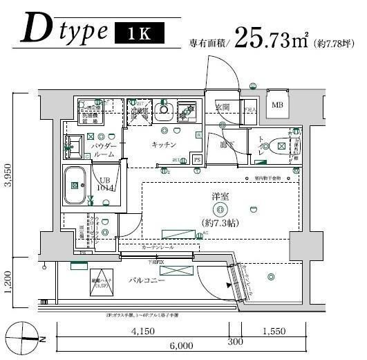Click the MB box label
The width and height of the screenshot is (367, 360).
pos(277,105)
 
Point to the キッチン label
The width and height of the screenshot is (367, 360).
pos(165,145)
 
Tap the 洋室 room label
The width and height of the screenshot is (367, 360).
pos(220,197)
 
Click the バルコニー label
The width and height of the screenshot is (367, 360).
pos(146,281)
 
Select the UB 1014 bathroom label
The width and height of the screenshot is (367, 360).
pos(104,183)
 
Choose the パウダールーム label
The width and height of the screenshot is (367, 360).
pos(104,152)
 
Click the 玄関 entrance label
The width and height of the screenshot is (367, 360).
pos(222,108)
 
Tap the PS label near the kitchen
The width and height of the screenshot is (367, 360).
pos(197,160)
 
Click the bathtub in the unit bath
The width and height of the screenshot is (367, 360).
pos(74,185)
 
